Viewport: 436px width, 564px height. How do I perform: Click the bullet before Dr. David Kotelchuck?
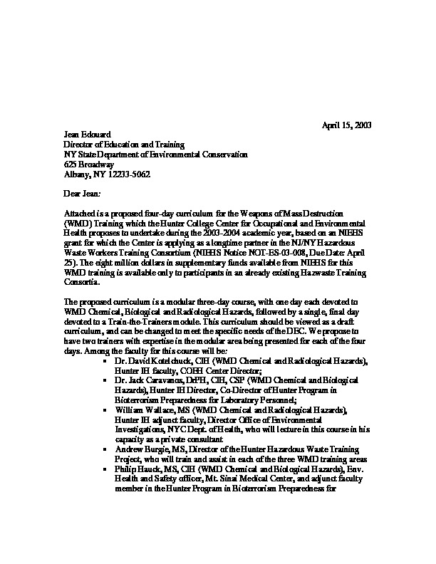point(105,362)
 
